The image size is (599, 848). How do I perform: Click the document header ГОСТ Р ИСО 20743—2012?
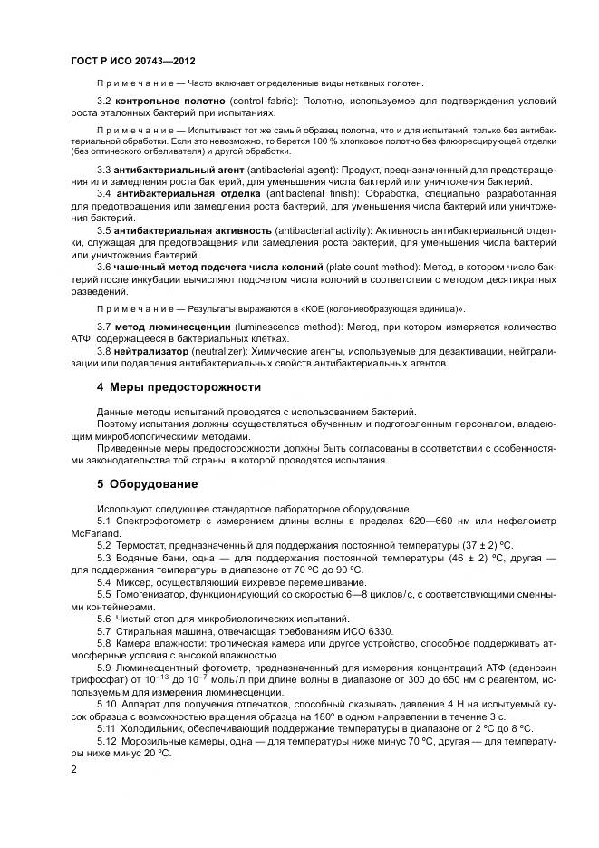click(x=130, y=59)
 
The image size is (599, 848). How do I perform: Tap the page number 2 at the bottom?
click(x=73, y=769)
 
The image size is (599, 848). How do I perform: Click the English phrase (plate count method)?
click(x=371, y=267)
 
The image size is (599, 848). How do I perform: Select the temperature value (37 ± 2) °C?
click(x=489, y=545)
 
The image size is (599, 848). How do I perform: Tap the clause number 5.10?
click(x=107, y=702)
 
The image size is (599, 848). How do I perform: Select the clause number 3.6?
click(x=103, y=267)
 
